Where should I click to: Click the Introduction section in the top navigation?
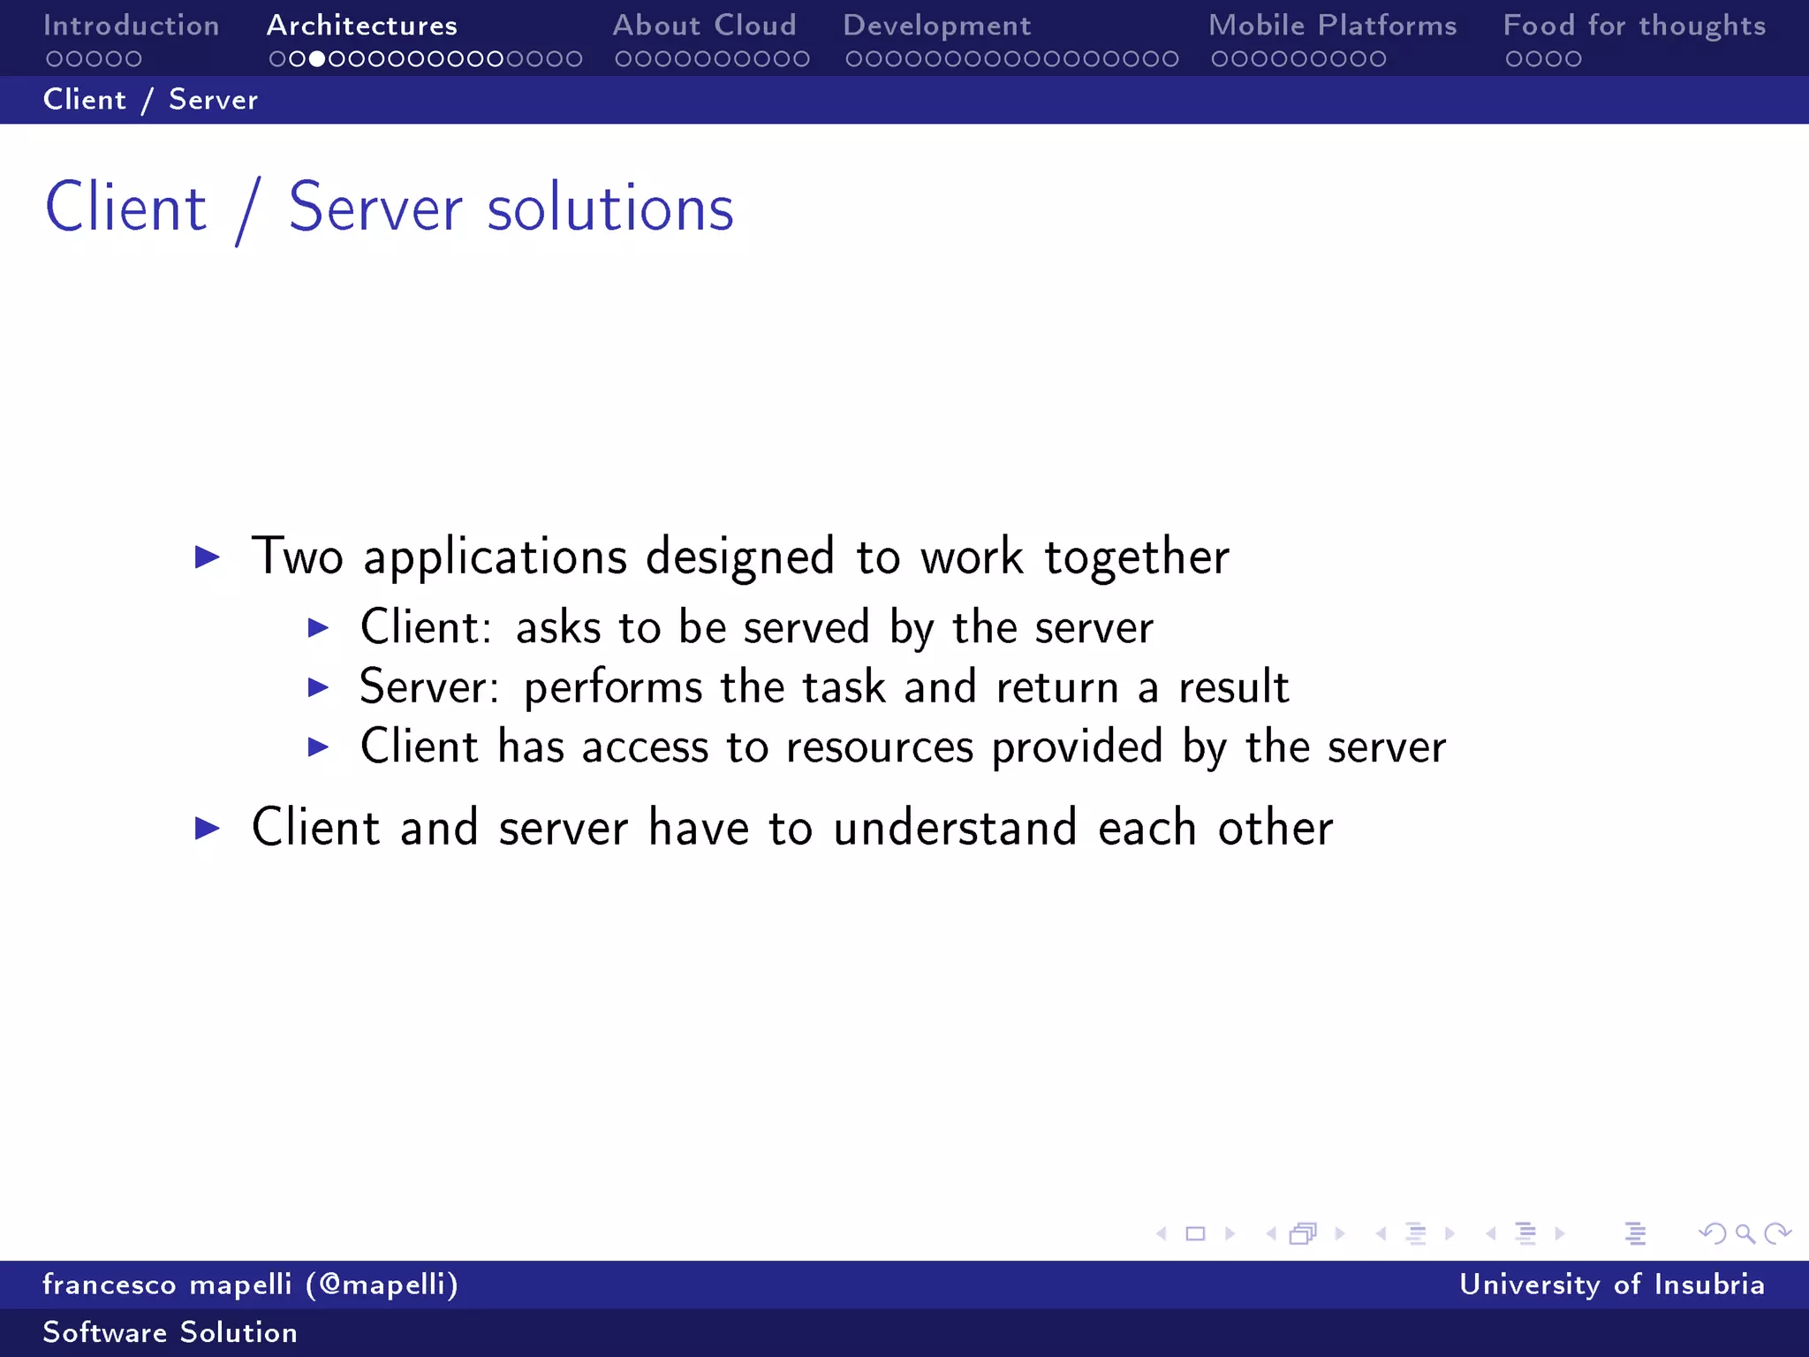(x=131, y=26)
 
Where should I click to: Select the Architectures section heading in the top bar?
(x=362, y=26)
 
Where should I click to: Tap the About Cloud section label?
(x=704, y=26)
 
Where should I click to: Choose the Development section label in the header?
(x=936, y=26)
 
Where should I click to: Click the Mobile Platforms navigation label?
(x=1332, y=26)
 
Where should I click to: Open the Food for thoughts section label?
(x=1634, y=26)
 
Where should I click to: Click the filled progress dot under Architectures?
(x=316, y=59)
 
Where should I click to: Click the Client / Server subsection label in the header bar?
(x=150, y=100)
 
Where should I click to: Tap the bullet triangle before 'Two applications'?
(x=207, y=557)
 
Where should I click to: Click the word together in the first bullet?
(x=1137, y=557)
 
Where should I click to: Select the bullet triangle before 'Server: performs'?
(x=318, y=687)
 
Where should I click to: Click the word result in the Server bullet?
(x=1233, y=687)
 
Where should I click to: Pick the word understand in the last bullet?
(x=955, y=828)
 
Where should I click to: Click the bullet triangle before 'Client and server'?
(x=207, y=828)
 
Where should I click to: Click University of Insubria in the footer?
(x=1611, y=1285)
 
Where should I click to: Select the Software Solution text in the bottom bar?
(x=170, y=1332)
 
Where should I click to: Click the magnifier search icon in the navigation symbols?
(x=1745, y=1233)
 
